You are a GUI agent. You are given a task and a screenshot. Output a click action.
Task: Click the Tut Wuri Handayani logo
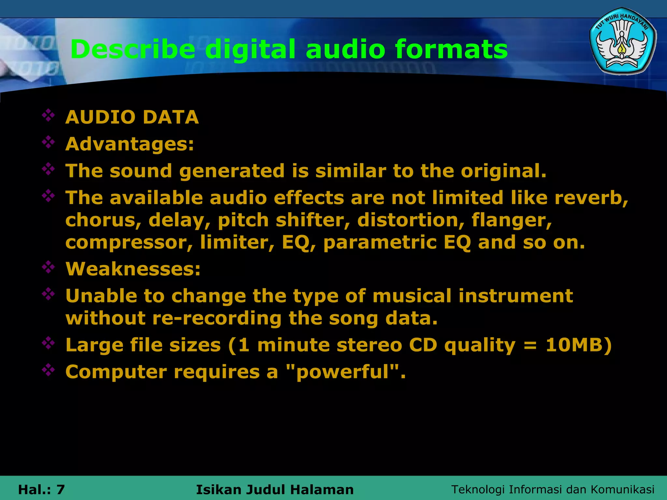point(623,41)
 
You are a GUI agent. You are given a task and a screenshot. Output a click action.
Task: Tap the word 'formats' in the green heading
point(451,49)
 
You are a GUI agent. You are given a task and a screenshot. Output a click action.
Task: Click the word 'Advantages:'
point(130,144)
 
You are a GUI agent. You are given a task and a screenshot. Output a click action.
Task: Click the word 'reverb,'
point(591,198)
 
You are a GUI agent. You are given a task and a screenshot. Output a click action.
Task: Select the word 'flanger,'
point(512,221)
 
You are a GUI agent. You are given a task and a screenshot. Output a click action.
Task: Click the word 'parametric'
point(380,243)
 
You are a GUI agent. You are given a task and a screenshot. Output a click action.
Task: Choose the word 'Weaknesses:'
point(133,269)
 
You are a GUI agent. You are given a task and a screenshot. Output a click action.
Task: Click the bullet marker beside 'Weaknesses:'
point(48,267)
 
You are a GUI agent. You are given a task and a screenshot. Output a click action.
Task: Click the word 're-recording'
point(217,318)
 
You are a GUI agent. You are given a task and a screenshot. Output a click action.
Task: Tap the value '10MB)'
point(579,345)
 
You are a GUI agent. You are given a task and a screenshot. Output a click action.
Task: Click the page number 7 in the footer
point(61,490)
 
